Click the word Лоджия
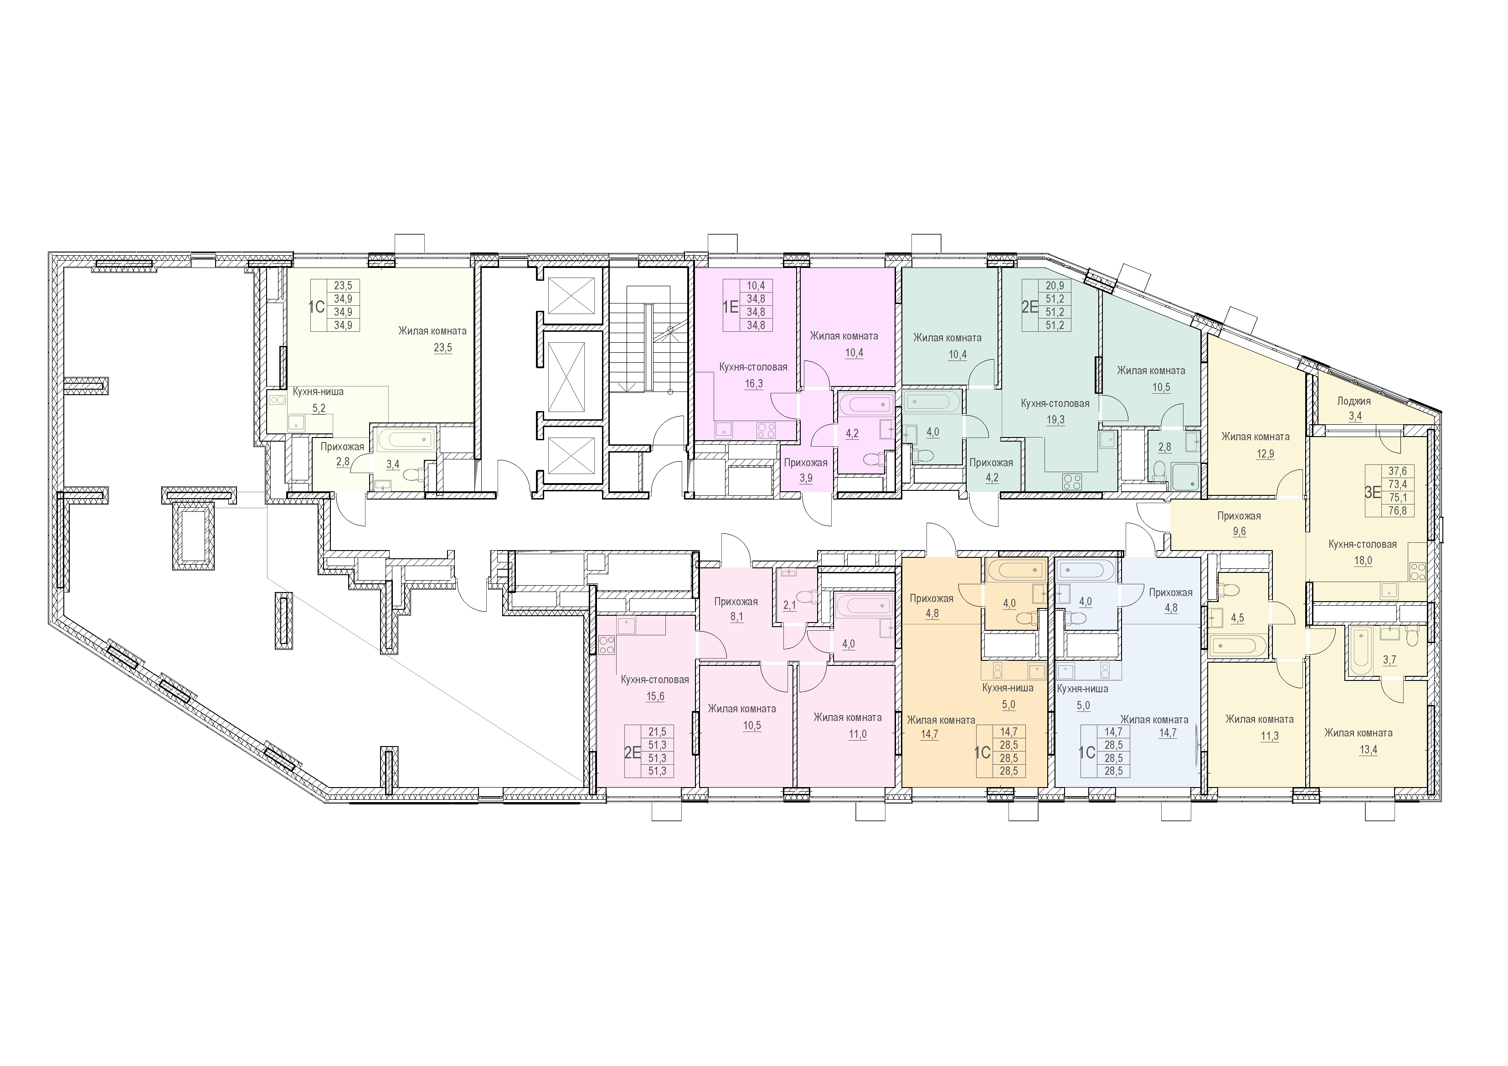pyautogui.click(x=1354, y=401)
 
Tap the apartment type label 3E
pyautogui.click(x=1373, y=492)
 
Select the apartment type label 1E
pyautogui.click(x=731, y=306)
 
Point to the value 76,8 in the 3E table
pyautogui.click(x=1398, y=510)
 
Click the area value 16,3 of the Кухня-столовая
pyautogui.click(x=753, y=384)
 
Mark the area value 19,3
pyautogui.click(x=1055, y=420)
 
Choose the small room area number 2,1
pyautogui.click(x=789, y=606)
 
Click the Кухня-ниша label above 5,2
pyautogui.click(x=318, y=391)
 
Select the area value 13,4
pyautogui.click(x=1368, y=749)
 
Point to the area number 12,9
pyautogui.click(x=1265, y=453)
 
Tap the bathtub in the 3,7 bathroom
pyautogui.click(x=1358, y=651)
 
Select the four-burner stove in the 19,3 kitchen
pyautogui.click(x=1072, y=481)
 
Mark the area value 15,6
pyautogui.click(x=655, y=696)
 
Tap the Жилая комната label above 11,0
pyautogui.click(x=847, y=717)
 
